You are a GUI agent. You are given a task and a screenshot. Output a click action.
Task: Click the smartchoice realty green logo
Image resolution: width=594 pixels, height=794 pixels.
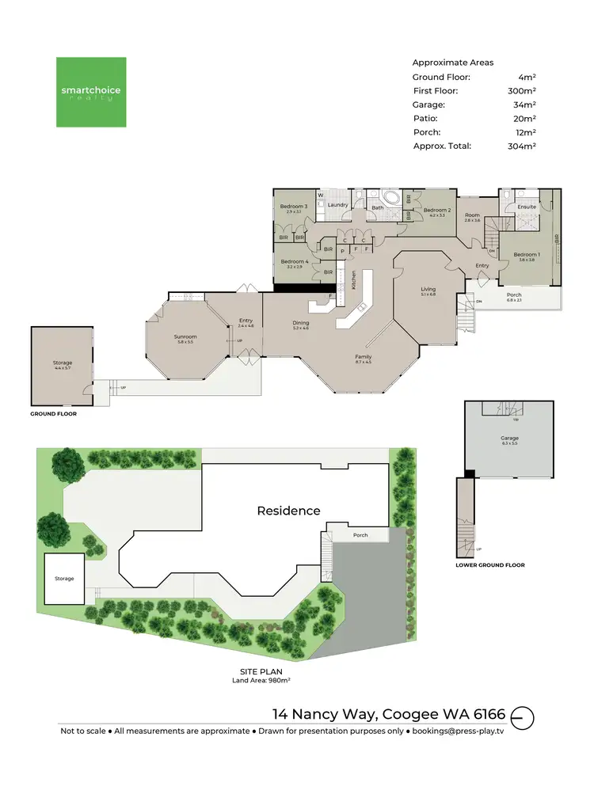point(90,92)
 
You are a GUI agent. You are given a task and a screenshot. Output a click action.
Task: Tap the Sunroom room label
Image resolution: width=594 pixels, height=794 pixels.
point(185,338)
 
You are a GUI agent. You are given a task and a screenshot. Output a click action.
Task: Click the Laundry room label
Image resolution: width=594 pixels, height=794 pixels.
point(338,206)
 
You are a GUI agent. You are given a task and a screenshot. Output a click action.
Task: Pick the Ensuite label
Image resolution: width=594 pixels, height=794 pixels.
point(527,207)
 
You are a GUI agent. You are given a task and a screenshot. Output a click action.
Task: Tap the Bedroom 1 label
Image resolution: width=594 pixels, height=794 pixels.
point(526,256)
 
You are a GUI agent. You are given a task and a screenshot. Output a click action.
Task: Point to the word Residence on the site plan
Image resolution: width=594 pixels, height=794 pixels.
point(288,511)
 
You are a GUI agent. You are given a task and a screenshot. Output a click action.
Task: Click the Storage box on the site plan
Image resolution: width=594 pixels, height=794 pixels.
point(64,579)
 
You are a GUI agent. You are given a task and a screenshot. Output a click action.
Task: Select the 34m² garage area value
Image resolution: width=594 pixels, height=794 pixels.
point(524,105)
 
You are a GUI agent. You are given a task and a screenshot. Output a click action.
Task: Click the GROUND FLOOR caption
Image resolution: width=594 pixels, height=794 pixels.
point(53,413)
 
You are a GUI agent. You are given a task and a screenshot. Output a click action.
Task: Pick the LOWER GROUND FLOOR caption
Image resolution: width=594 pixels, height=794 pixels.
point(489,565)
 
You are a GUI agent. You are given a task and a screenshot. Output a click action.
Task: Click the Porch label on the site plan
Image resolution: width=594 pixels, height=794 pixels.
point(360,535)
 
